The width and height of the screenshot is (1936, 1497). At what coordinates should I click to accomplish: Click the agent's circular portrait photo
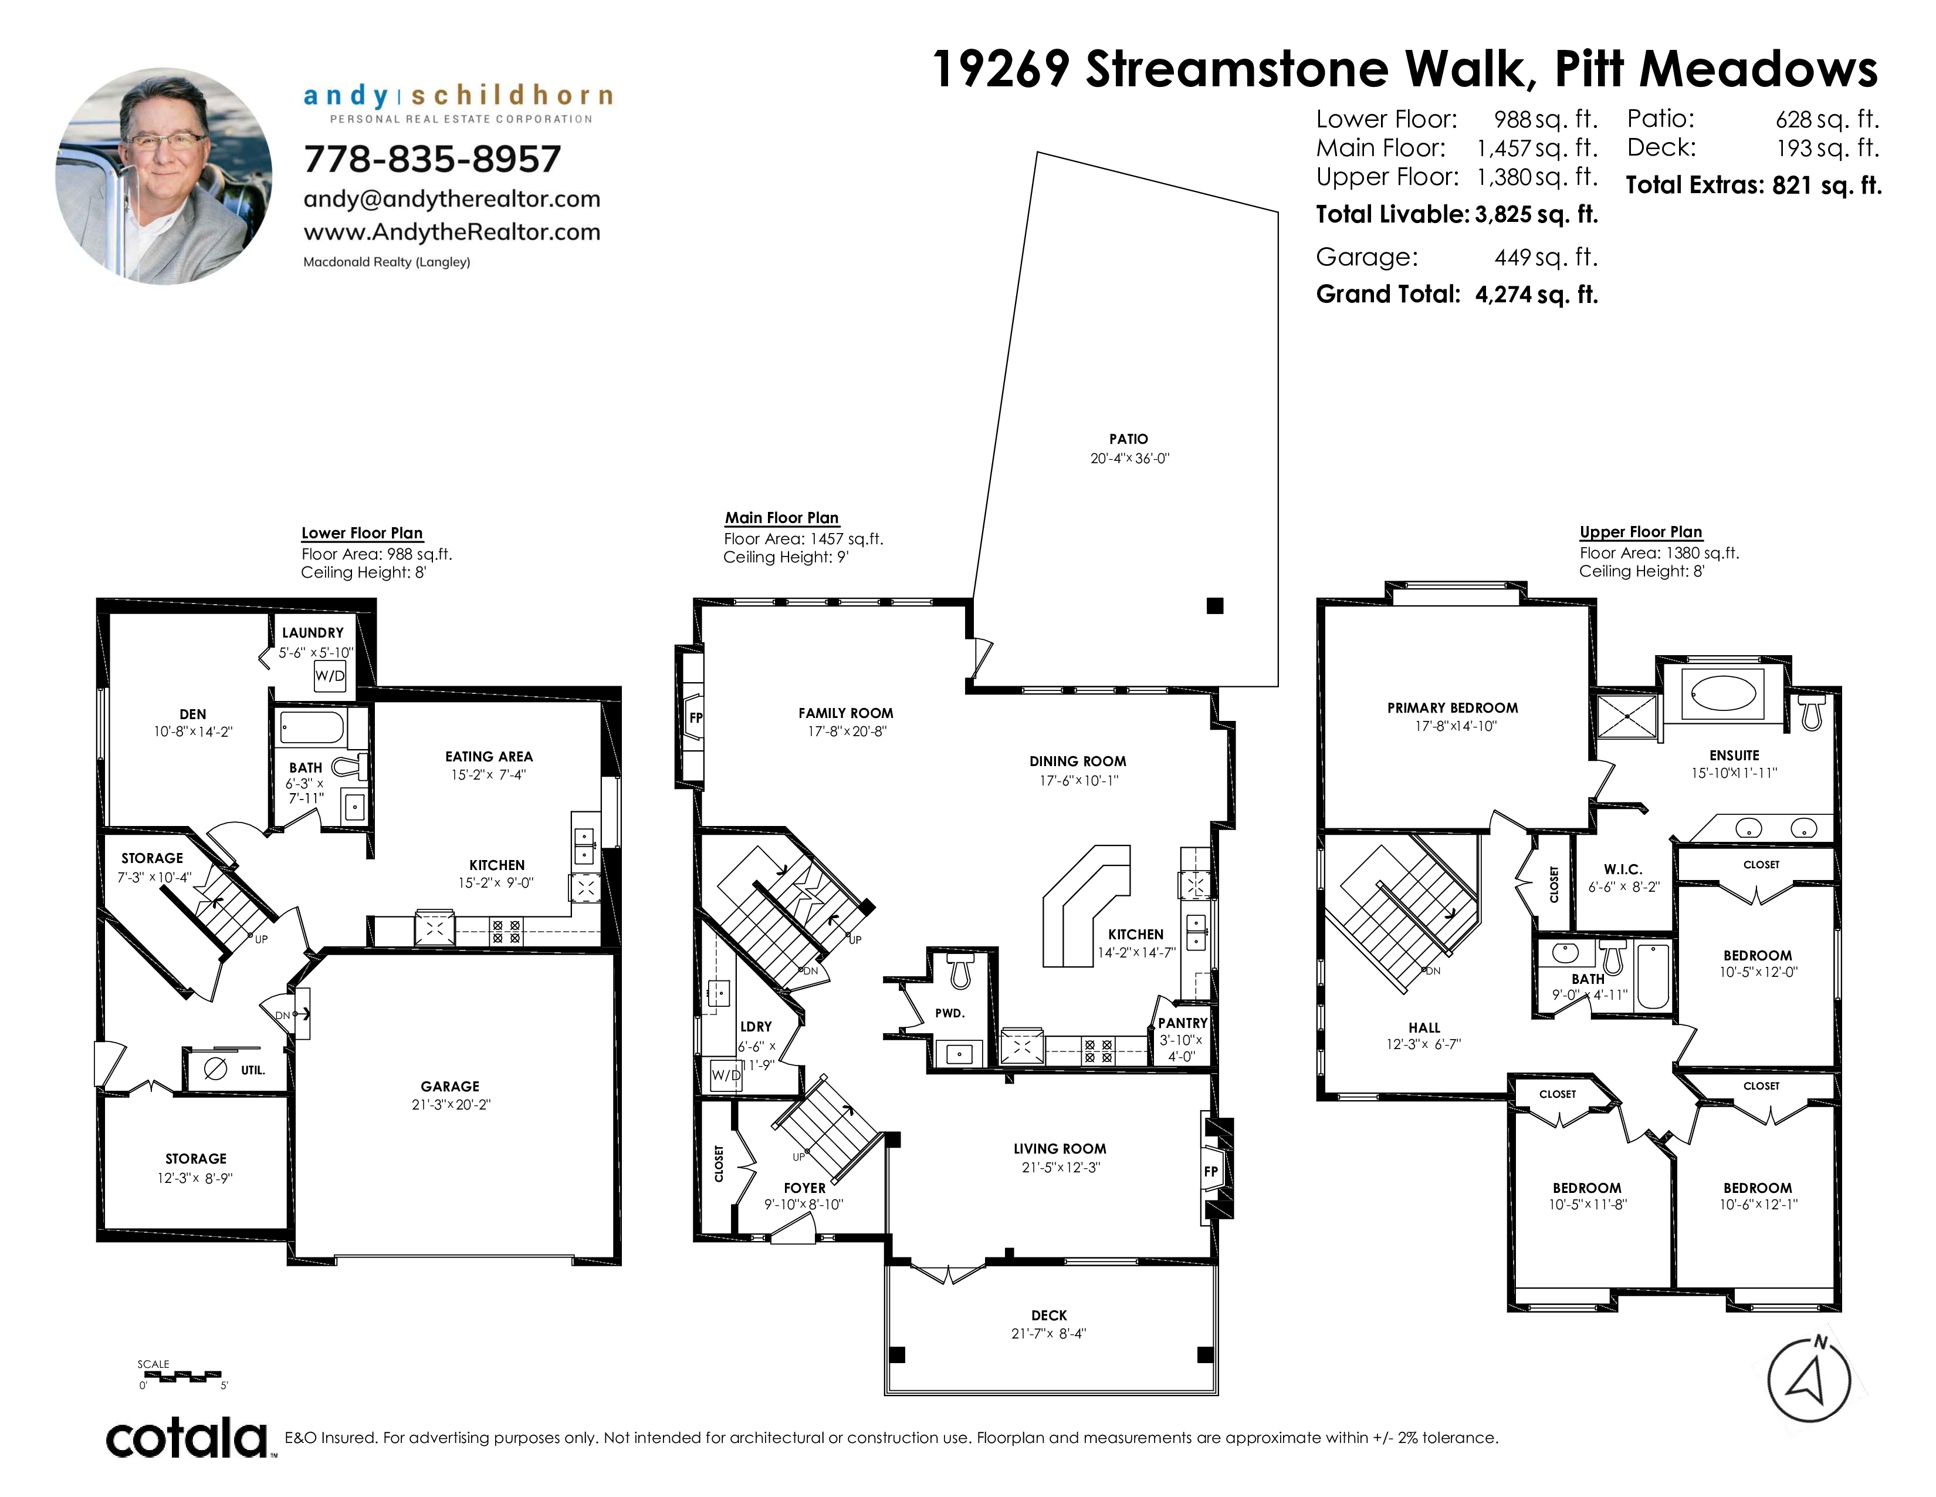pos(164,177)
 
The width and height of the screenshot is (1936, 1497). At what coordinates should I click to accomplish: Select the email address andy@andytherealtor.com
pos(452,198)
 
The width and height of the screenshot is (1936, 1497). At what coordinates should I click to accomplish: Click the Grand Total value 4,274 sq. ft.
pos(1536,295)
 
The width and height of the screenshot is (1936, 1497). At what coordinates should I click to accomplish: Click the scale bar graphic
pos(182,1377)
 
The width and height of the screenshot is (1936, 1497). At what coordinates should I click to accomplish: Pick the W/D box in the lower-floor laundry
pos(330,676)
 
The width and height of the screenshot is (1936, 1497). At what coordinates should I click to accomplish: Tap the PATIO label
pos(1128,439)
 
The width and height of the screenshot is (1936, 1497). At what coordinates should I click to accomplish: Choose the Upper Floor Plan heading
pos(1641,532)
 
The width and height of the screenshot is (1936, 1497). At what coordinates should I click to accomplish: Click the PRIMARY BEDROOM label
pos(1453,708)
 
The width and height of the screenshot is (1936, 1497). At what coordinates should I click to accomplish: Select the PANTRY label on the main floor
pos(1183,1023)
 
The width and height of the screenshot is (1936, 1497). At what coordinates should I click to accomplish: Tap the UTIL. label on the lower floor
pos(253,1070)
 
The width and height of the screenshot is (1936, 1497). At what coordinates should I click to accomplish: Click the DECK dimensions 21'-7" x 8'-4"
pos(1049,1333)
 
